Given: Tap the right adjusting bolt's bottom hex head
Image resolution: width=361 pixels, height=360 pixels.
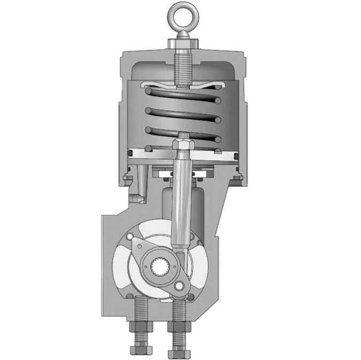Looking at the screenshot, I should click(177, 346).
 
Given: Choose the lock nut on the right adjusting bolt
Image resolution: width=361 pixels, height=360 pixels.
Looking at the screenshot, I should click(177, 328).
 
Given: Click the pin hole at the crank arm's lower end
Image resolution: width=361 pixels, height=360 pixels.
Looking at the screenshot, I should click(178, 286).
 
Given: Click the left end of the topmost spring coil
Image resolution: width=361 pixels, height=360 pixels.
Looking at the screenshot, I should click(148, 91).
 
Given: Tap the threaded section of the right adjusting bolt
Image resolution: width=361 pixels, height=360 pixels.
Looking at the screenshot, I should click(177, 310).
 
